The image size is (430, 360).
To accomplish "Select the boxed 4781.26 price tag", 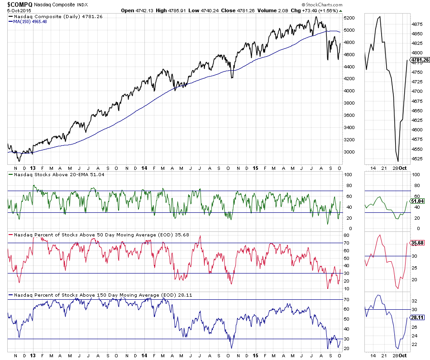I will [x=419, y=60].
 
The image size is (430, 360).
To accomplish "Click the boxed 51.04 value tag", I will [x=417, y=201].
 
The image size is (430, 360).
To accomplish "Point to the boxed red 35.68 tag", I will [x=417, y=243].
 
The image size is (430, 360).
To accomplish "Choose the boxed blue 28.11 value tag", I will [x=417, y=317].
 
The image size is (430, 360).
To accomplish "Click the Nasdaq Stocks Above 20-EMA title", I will [x=59, y=174].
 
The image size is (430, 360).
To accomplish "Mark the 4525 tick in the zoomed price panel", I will [x=417, y=158].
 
